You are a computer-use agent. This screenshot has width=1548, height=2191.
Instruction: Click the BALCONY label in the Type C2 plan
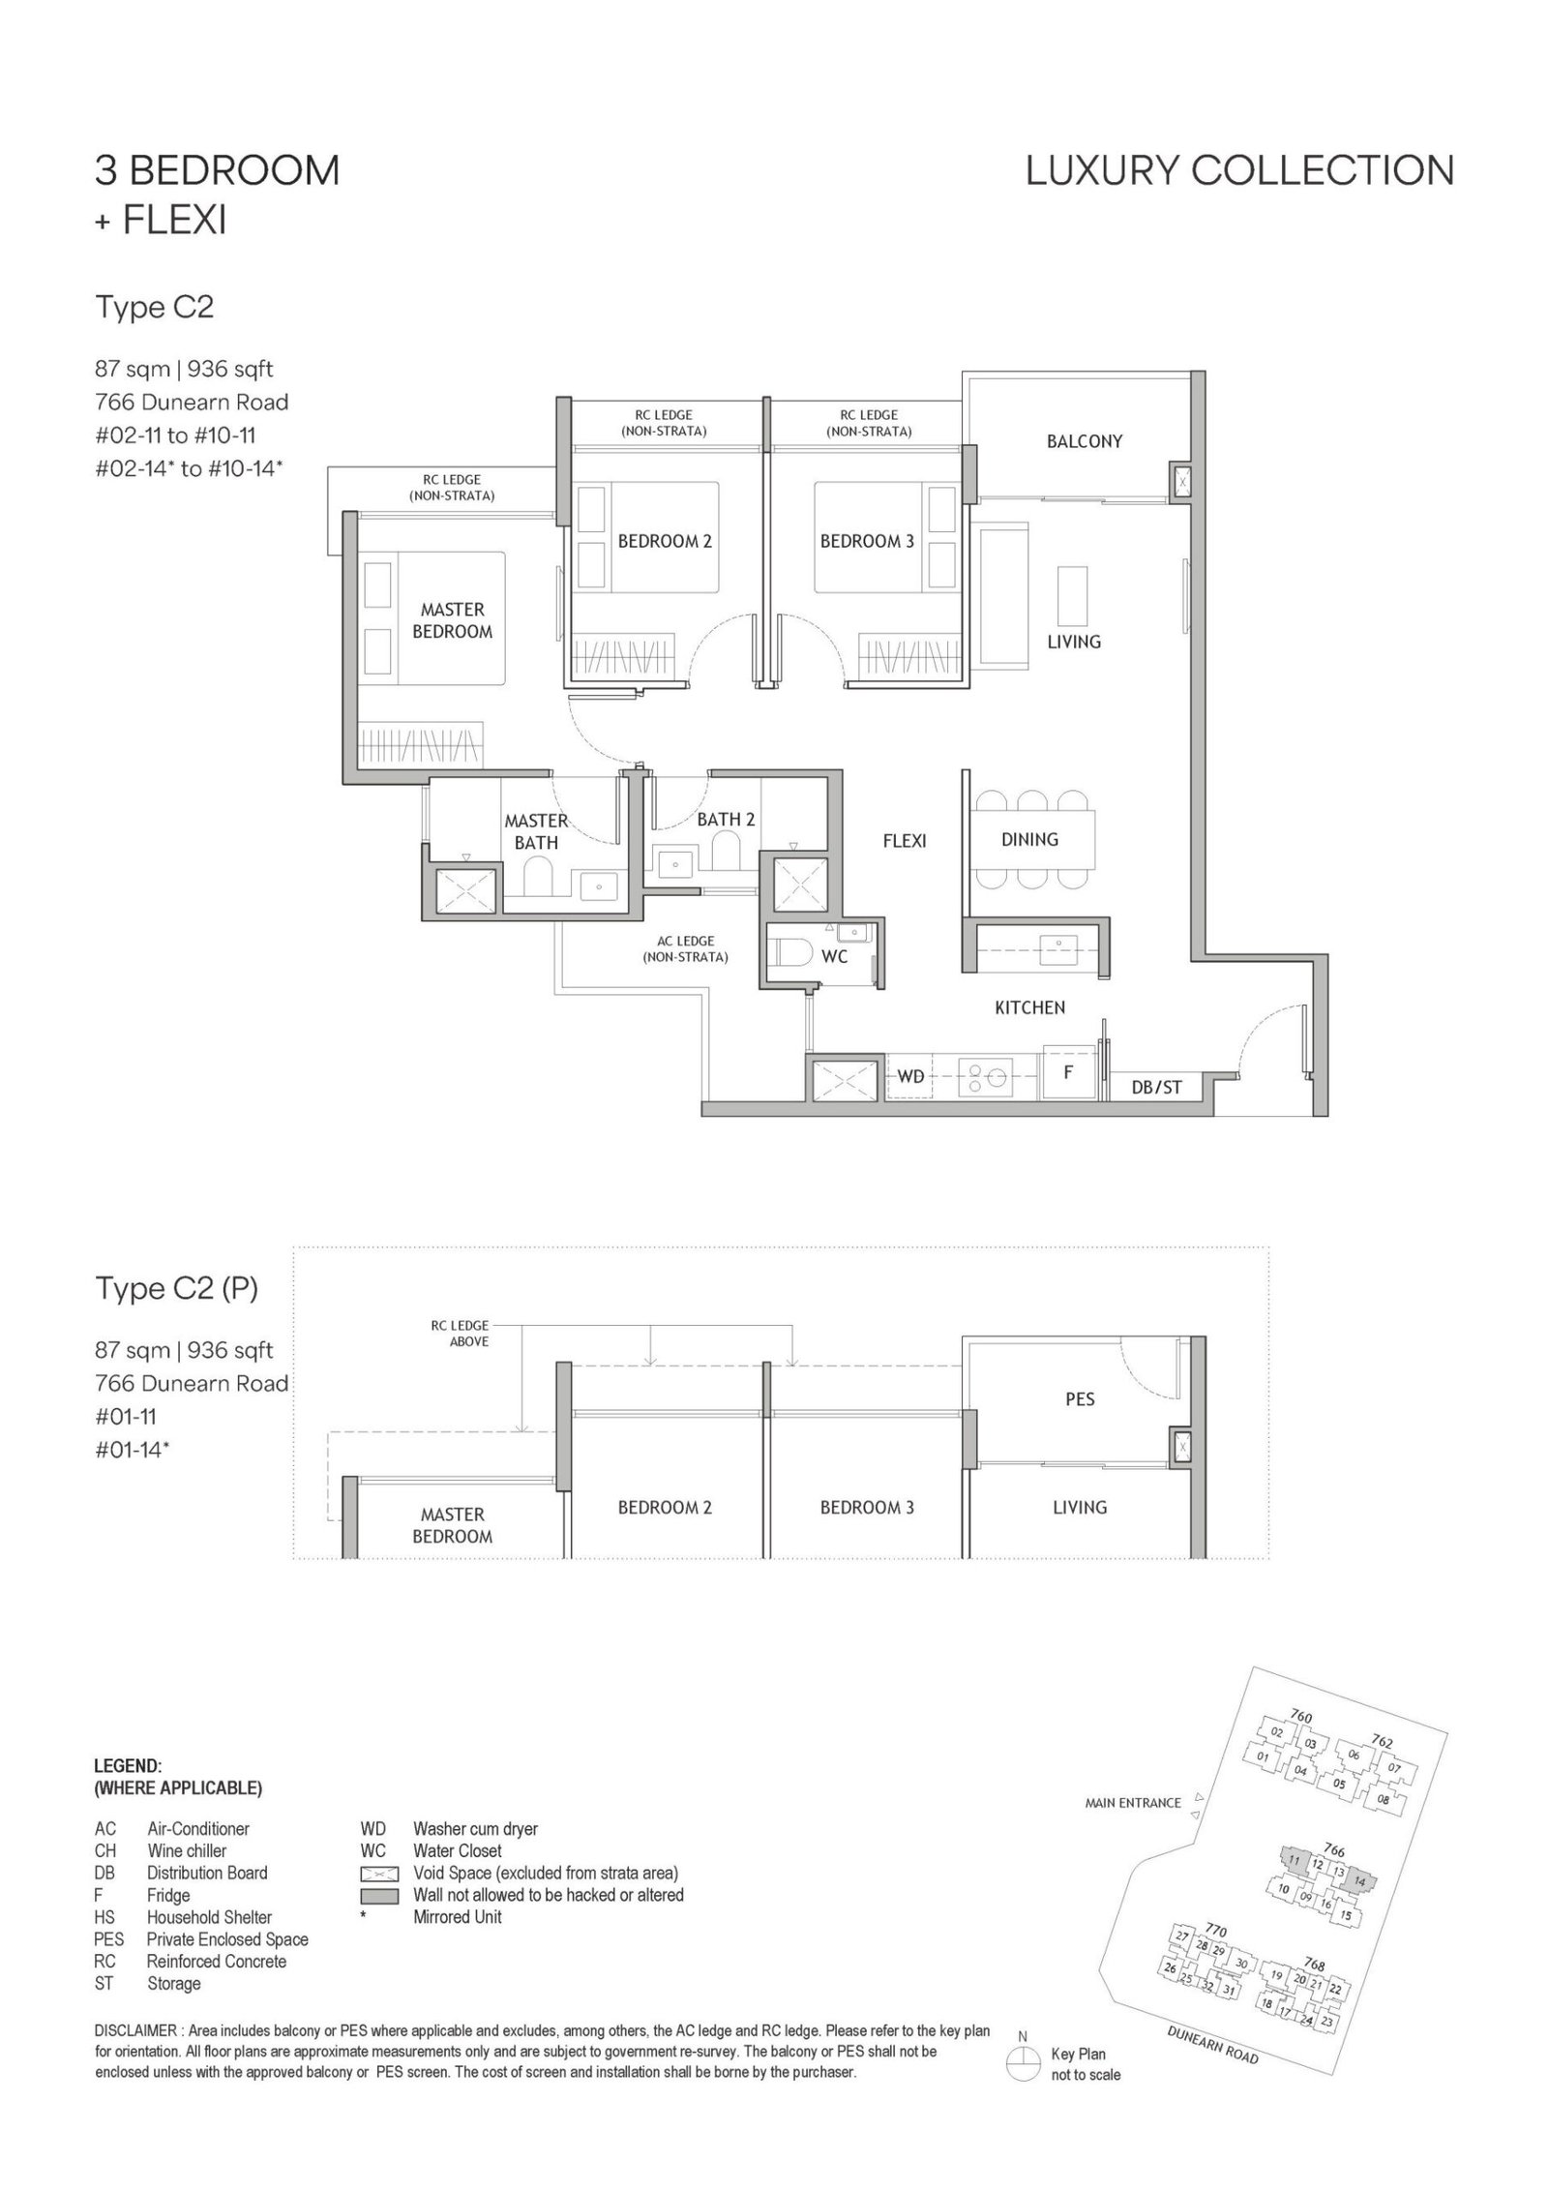[1084, 441]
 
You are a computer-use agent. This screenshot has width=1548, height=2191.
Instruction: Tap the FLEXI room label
[905, 840]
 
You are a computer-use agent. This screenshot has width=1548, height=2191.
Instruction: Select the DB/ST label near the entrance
[1157, 1087]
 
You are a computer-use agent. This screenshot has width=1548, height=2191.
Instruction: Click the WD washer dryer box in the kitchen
[909, 1076]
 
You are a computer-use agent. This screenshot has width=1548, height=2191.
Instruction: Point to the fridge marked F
[1068, 1073]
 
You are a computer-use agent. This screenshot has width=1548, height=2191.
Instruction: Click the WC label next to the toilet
[834, 956]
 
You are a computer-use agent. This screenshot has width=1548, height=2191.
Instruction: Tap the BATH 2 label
[726, 819]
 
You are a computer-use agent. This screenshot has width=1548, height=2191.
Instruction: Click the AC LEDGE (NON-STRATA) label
[686, 948]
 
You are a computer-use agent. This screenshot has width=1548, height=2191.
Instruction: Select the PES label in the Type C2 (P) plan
[1080, 1399]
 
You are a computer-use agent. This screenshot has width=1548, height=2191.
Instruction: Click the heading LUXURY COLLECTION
[1240, 171]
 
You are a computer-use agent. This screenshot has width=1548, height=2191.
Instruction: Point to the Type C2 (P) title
[176, 1289]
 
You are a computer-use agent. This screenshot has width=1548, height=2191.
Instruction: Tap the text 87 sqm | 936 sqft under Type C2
[184, 369]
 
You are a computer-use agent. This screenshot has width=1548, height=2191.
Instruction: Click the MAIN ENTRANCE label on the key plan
[1133, 1803]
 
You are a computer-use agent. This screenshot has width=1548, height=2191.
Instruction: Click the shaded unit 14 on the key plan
[1358, 1881]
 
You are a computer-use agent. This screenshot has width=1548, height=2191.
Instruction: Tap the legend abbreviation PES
[108, 1939]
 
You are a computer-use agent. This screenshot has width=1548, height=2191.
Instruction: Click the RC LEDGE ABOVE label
[461, 1334]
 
